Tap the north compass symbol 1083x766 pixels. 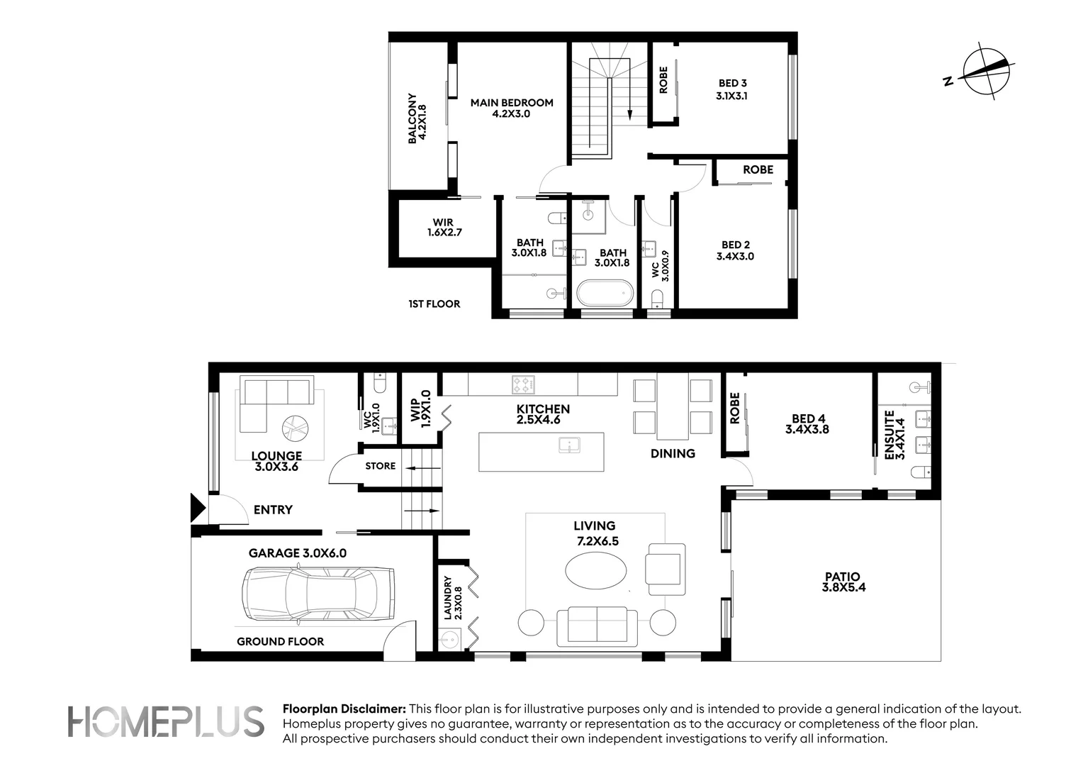pos(986,72)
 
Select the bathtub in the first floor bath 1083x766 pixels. pos(605,294)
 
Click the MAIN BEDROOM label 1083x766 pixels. pos(512,108)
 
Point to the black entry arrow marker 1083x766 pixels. pos(198,508)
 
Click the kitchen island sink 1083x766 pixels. pos(568,445)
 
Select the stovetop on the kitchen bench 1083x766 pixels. pos(523,385)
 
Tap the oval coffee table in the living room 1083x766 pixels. pos(595,569)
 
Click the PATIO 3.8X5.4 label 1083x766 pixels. pos(843,582)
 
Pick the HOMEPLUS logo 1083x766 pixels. pos(166,723)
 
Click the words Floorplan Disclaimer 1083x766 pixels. pos(344,709)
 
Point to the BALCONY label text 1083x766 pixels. pos(416,118)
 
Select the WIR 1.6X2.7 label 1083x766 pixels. pos(444,227)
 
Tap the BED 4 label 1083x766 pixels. pos(807,423)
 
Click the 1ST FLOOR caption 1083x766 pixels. pos(434,304)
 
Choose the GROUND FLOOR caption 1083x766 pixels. pos(280,641)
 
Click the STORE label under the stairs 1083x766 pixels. pos(380,466)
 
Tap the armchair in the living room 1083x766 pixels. pos(665,569)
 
